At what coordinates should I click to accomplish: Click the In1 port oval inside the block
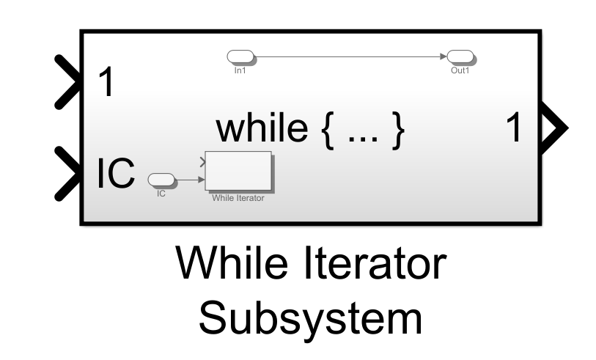pos(240,56)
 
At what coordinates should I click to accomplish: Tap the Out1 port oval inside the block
pos(460,56)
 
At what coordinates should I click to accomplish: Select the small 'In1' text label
pos(239,71)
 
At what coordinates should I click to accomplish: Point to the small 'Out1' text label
pos(460,71)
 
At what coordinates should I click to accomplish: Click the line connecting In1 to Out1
pos(345,56)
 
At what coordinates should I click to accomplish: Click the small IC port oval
pos(161,179)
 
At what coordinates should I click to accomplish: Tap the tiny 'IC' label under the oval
pos(161,194)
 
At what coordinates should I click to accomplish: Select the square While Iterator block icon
pos(238,171)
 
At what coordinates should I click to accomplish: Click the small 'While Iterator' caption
pos(238,197)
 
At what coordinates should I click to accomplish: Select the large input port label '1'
pos(108,83)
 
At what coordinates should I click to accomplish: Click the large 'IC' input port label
pos(116,173)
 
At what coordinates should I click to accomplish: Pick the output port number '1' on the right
pos(517,129)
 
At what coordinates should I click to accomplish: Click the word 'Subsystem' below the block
pos(311,319)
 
